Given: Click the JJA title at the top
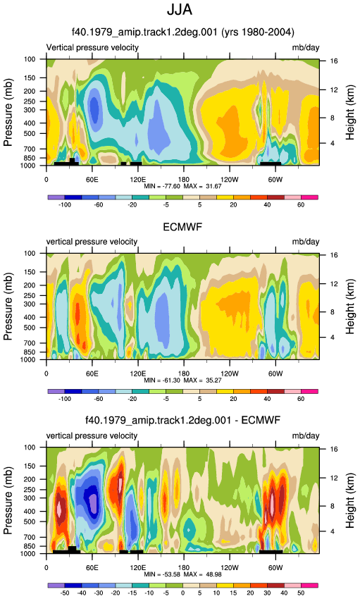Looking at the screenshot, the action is pos(180,10).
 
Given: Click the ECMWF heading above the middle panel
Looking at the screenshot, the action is pos(182,227).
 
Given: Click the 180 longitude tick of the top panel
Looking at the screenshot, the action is pos(184,179).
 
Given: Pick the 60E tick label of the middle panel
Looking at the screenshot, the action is pos(92,373).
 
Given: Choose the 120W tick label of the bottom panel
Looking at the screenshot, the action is pos(230,567).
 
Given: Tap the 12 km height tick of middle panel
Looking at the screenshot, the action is pos(334,283).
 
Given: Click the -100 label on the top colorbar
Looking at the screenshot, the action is pos(65,205).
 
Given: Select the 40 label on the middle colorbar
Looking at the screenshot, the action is pos(267,399).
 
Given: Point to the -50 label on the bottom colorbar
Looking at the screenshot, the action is pos(65,593).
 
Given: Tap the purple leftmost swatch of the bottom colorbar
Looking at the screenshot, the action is pos(56,585).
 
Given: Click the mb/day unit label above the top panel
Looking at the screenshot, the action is pos(306,48).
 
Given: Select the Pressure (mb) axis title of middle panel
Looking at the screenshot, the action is pos(8,307).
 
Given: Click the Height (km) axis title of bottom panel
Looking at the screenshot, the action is pos(350,501).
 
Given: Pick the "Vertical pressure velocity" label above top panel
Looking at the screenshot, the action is pos(92,48).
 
